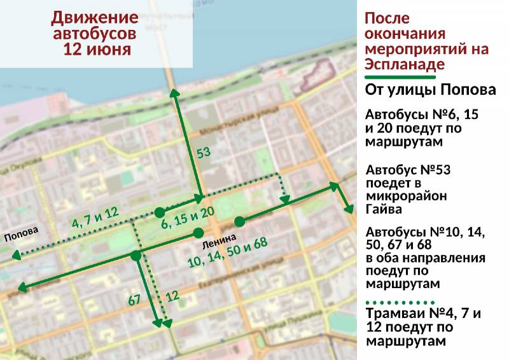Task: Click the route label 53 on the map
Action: pos(203,153)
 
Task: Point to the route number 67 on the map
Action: pos(134,300)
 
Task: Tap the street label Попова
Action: pos(22,234)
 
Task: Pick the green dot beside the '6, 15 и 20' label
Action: pos(159,211)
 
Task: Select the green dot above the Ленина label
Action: pos(199,232)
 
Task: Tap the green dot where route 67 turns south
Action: pos(136,256)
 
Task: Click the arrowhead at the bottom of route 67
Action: pos(157,324)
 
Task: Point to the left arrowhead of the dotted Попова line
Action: pos(14,256)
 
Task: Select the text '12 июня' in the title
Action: pos(97,50)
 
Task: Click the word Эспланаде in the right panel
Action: pos(405,64)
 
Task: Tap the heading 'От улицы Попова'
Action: pos(431,90)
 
